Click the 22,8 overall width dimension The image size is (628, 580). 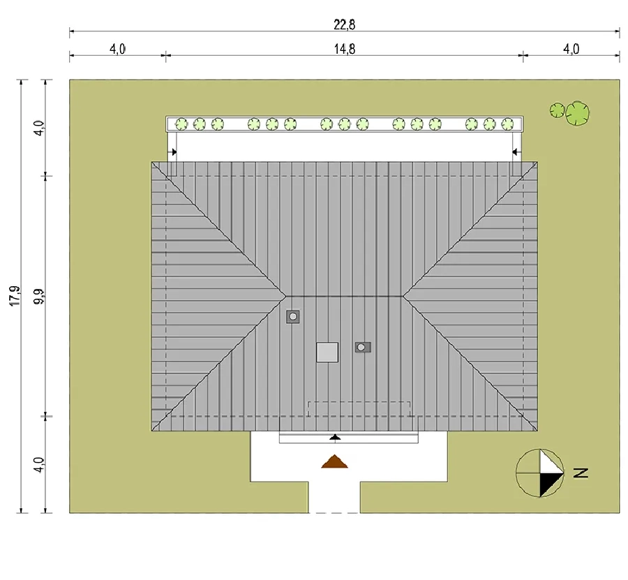[x=345, y=25]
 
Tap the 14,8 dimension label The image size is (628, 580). [x=345, y=49]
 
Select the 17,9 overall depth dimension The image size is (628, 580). [x=15, y=296]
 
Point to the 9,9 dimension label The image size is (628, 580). [x=39, y=296]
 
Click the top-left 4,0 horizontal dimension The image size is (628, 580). [x=117, y=50]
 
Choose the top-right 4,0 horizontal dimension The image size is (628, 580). [x=571, y=49]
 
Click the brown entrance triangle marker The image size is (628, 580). [x=334, y=462]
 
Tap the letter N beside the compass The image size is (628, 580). [x=581, y=473]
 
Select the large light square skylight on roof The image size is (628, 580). [x=327, y=352]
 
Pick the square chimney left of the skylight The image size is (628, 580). [x=293, y=316]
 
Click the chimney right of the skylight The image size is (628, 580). [x=362, y=347]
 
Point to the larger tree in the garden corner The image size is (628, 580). [x=578, y=112]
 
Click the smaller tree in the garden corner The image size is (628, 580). [x=557, y=110]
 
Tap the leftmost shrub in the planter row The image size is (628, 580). [x=181, y=124]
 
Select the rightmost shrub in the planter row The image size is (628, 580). [x=507, y=124]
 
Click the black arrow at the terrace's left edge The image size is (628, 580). [x=174, y=152]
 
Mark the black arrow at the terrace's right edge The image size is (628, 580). [x=516, y=152]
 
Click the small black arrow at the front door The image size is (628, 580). [x=335, y=437]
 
